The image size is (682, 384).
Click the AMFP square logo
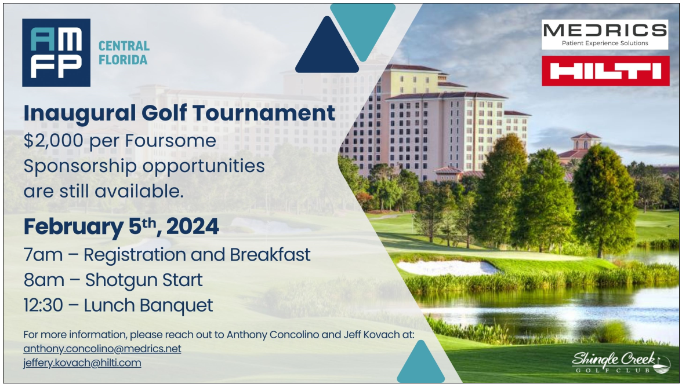[56, 53]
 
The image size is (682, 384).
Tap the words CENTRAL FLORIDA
[124, 53]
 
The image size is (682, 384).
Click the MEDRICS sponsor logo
[604, 34]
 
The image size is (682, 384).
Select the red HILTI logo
[605, 71]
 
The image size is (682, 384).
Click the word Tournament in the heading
[264, 113]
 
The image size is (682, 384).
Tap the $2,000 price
[53, 141]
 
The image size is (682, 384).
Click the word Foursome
[170, 141]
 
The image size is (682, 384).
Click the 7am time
[43, 255]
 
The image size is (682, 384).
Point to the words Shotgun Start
[144, 280]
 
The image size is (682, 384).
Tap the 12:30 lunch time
[43, 305]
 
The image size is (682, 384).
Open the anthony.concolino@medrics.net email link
[102, 349]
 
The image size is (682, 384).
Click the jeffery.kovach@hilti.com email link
[82, 363]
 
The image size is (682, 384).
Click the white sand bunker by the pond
[448, 266]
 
